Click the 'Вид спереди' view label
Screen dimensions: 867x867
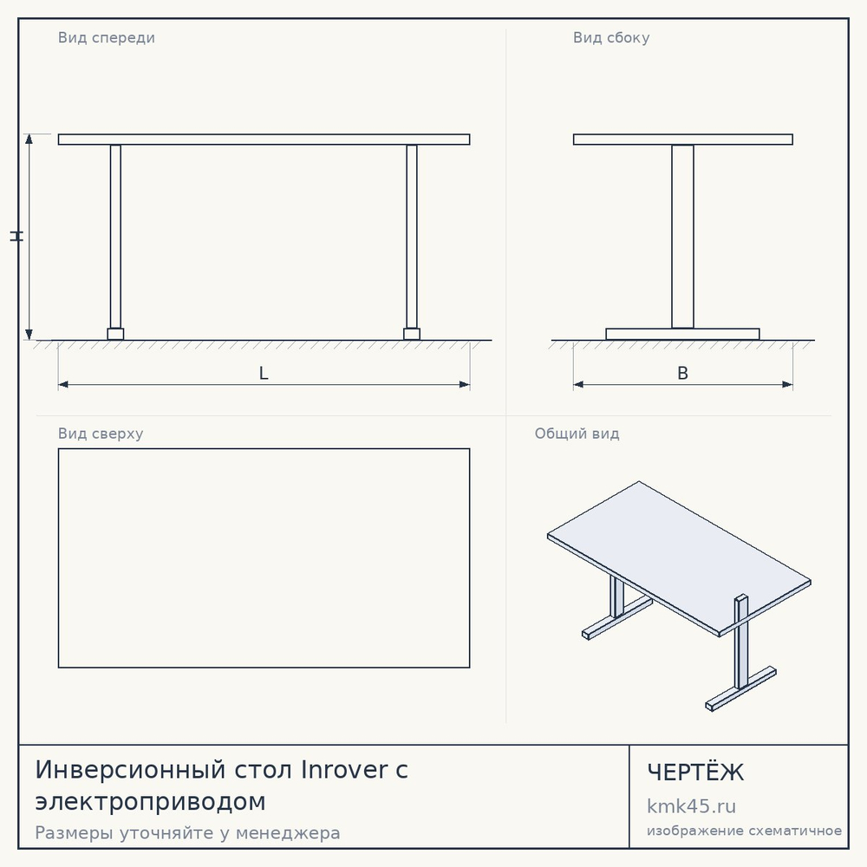point(106,38)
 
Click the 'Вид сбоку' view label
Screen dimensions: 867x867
point(611,37)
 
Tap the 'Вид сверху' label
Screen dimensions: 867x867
point(101,433)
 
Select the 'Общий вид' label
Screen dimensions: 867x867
point(577,433)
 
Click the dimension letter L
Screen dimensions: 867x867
point(264,373)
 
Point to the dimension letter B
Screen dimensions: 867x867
point(683,373)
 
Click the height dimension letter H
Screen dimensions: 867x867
point(16,236)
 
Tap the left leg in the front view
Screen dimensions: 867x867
point(115,237)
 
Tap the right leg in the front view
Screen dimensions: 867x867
point(411,237)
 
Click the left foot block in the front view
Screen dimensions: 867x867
point(115,334)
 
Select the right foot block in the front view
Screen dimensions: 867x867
point(411,334)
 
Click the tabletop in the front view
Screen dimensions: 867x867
point(264,140)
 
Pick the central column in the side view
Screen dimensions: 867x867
point(683,237)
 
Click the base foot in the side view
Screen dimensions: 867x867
point(683,334)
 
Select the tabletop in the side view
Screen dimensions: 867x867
point(683,140)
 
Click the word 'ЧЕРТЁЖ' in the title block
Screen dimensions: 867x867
point(695,772)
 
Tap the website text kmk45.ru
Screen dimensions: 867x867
point(691,806)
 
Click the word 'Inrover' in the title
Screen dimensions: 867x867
point(344,770)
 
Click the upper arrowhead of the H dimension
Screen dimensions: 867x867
point(29,139)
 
